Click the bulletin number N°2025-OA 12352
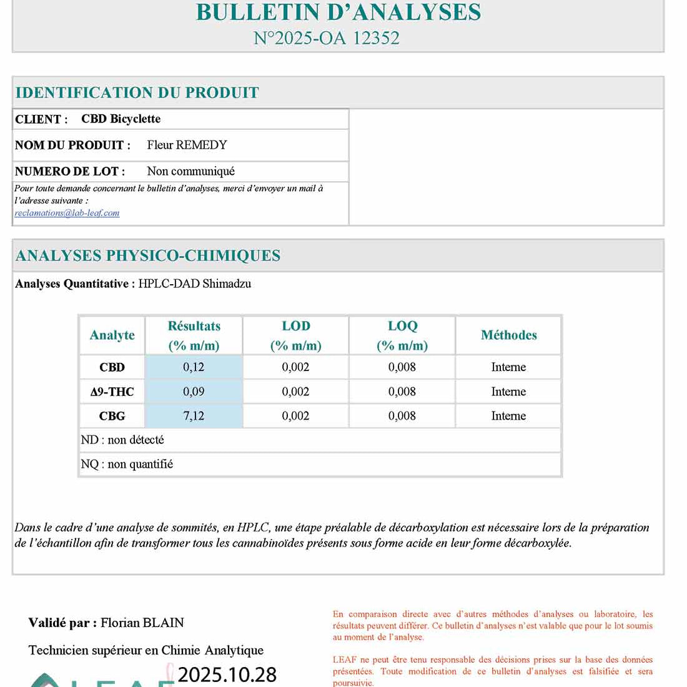point(326,38)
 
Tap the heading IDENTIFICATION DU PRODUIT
point(137,93)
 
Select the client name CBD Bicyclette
point(121,119)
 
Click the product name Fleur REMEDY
point(187,145)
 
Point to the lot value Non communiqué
point(190,171)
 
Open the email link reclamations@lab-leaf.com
point(67,213)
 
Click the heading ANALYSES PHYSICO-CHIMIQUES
point(147,255)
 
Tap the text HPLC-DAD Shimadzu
point(194,284)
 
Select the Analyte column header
point(112,335)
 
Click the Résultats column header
point(194,335)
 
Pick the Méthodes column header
point(508,335)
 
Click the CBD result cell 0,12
point(194,367)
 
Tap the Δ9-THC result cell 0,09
point(194,392)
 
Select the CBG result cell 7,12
point(194,416)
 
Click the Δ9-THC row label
point(112,392)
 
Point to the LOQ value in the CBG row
point(402,416)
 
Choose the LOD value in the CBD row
point(295,367)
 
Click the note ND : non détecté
point(122,440)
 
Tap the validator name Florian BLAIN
point(142,623)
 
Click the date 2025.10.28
point(227,675)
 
